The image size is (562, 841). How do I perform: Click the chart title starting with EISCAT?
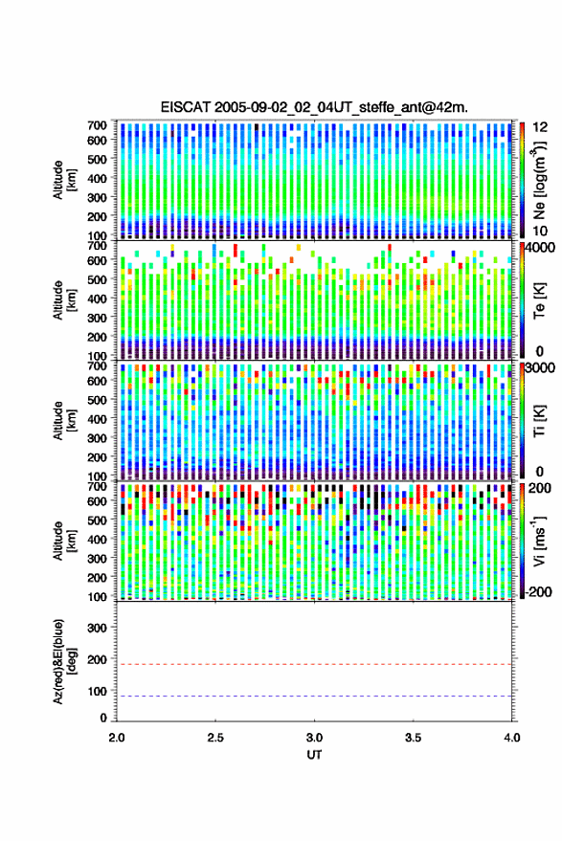pos(314,107)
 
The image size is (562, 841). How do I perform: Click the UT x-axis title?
pos(314,755)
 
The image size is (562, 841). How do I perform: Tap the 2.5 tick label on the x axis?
pos(215,738)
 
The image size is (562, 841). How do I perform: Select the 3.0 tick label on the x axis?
pos(314,738)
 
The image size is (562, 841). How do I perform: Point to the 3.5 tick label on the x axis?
pos(413,738)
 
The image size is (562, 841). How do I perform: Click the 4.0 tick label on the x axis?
pos(511,738)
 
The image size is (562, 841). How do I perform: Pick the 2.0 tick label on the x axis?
pos(117,738)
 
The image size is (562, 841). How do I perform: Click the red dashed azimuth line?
pos(314,664)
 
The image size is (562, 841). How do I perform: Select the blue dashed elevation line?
pos(314,697)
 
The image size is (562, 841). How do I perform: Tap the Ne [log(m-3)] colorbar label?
pos(539,180)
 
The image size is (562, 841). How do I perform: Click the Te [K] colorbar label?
pos(539,300)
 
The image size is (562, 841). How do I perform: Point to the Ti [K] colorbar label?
pos(539,421)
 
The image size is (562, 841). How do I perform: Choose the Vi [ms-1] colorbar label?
pos(539,541)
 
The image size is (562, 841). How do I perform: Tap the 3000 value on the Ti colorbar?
pos(539,368)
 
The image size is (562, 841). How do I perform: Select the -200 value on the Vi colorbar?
pos(538,591)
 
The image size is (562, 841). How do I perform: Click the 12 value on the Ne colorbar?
pos(540,127)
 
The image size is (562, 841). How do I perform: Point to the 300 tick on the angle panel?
pos(97,628)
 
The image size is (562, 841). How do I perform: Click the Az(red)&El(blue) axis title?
pos(63,661)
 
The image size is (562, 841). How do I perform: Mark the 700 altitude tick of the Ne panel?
pos(97,125)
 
